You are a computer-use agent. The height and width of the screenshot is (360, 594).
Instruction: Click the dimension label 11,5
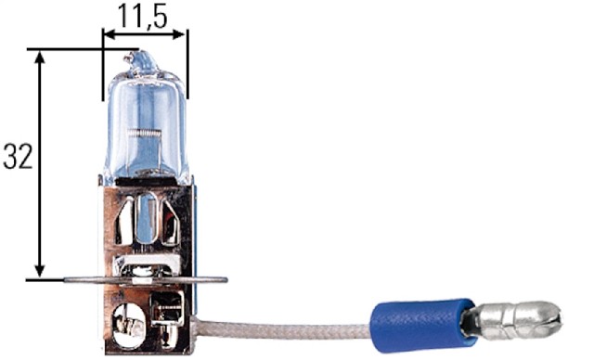pos(142,17)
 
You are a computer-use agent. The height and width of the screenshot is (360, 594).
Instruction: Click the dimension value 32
pos(18,156)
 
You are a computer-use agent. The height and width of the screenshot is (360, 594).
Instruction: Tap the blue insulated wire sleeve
pos(422,320)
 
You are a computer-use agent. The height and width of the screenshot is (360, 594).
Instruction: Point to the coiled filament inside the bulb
pos(145,133)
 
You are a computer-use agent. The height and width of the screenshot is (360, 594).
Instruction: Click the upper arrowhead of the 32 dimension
pos(40,57)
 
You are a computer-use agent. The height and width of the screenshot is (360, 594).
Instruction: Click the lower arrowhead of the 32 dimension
pos(39,272)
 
